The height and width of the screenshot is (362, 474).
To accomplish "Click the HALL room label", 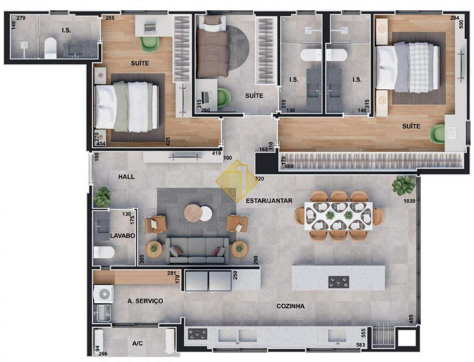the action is pyautogui.click(x=126, y=177).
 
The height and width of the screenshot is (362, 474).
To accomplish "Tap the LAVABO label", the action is pyautogui.click(x=123, y=236).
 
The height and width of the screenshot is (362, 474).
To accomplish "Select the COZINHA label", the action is pyautogui.click(x=290, y=306).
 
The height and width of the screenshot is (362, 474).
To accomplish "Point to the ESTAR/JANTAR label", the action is pyautogui.click(x=269, y=201).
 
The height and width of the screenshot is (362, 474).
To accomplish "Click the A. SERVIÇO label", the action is pyautogui.click(x=145, y=301).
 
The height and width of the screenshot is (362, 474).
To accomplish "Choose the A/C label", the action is pyautogui.click(x=137, y=343).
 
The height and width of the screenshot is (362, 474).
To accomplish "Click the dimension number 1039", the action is pyautogui.click(x=410, y=201).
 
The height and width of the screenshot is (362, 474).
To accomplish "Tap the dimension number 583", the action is pyautogui.click(x=360, y=345).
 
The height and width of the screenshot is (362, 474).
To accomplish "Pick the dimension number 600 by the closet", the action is pyautogui.click(x=289, y=166).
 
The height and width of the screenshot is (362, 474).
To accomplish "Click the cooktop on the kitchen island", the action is pyautogui.click(x=338, y=282).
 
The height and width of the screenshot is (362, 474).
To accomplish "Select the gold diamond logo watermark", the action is pyautogui.click(x=237, y=181).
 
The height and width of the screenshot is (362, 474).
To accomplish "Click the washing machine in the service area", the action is pyautogui.click(x=103, y=294).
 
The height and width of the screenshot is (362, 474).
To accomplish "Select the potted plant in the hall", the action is pyautogui.click(x=102, y=197).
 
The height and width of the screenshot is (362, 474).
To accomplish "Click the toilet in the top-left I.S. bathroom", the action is pyautogui.click(x=50, y=48).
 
